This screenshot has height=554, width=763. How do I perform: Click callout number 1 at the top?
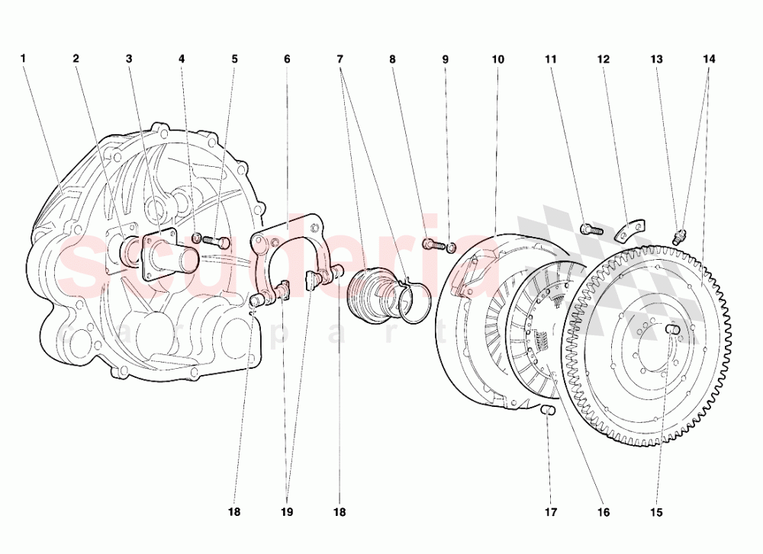click(23, 59)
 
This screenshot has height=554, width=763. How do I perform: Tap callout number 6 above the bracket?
click(287, 59)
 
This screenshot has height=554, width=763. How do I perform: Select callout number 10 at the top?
click(497, 59)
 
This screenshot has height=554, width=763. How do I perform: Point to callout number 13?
click(656, 59)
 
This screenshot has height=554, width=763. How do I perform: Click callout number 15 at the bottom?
click(656, 512)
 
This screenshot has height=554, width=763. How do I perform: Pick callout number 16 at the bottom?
click(604, 512)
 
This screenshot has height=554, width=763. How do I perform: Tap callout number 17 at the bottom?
click(550, 512)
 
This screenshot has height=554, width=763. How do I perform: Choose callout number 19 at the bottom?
click(287, 512)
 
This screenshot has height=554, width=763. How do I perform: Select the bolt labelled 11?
click(591, 229)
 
